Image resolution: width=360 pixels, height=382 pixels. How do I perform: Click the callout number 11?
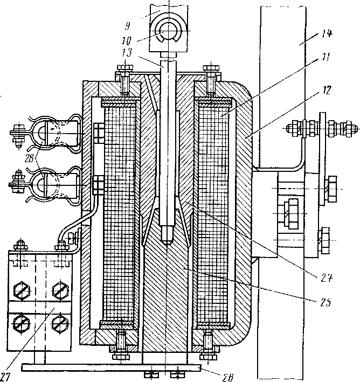point(326,56)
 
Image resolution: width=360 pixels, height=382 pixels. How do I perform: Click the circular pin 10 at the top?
point(168,32)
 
